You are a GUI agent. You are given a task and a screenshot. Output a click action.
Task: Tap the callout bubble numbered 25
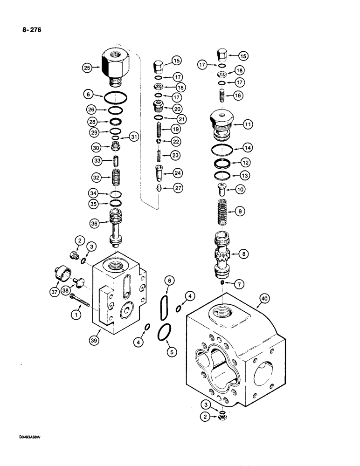pos(87,69)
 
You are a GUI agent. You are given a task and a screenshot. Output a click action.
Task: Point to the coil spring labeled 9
pos(224,212)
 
